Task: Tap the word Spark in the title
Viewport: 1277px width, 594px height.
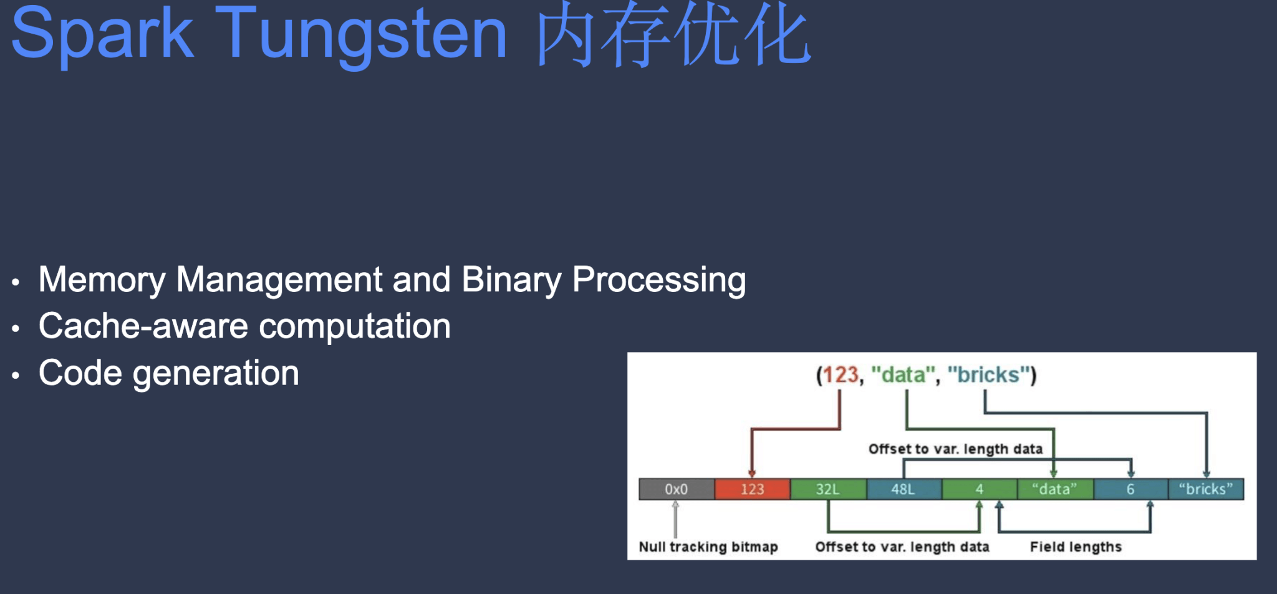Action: [x=102, y=34]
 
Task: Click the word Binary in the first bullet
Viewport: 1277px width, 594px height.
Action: [x=511, y=280]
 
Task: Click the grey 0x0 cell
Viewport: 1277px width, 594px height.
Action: [x=677, y=489]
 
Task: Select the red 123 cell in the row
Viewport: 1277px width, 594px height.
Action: [x=752, y=489]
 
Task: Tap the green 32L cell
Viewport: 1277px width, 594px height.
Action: [x=828, y=489]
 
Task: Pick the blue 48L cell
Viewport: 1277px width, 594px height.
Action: [x=904, y=489]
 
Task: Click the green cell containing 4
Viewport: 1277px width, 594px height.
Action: [x=979, y=489]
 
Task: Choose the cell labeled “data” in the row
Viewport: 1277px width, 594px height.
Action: [x=1055, y=489]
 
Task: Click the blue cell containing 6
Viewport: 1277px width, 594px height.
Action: [x=1130, y=489]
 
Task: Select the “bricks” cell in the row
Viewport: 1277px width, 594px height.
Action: [x=1206, y=489]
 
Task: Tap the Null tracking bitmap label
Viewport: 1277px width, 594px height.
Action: [x=708, y=547]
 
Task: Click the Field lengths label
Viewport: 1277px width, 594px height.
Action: [x=1076, y=547]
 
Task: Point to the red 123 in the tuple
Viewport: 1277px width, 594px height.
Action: [x=841, y=375]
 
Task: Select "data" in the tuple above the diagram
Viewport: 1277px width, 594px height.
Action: [x=902, y=375]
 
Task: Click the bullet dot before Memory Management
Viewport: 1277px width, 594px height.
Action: [x=16, y=282]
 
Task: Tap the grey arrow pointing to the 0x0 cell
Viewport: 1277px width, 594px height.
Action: [x=675, y=519]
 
